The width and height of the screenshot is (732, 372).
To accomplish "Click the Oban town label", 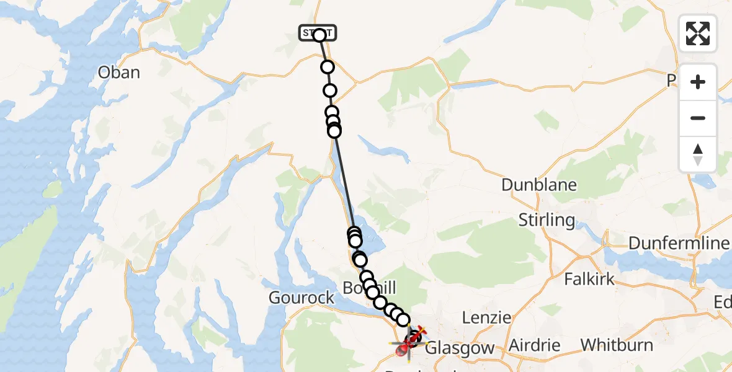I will tap(118, 73).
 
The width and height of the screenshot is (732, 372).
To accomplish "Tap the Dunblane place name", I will tap(538, 185).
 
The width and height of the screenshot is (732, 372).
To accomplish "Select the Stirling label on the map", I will tap(546, 220).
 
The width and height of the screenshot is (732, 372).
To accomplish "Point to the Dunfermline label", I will tap(679, 243).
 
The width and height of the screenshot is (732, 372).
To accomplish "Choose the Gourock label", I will tap(301, 298).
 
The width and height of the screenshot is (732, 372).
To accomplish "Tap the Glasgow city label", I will tap(460, 348).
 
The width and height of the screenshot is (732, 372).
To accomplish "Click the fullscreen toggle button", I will tap(698, 33).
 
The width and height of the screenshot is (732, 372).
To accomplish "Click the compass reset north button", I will tap(698, 154).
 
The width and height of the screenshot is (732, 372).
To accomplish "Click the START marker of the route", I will tap(318, 33).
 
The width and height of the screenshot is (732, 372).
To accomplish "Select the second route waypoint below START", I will tap(329, 91).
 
